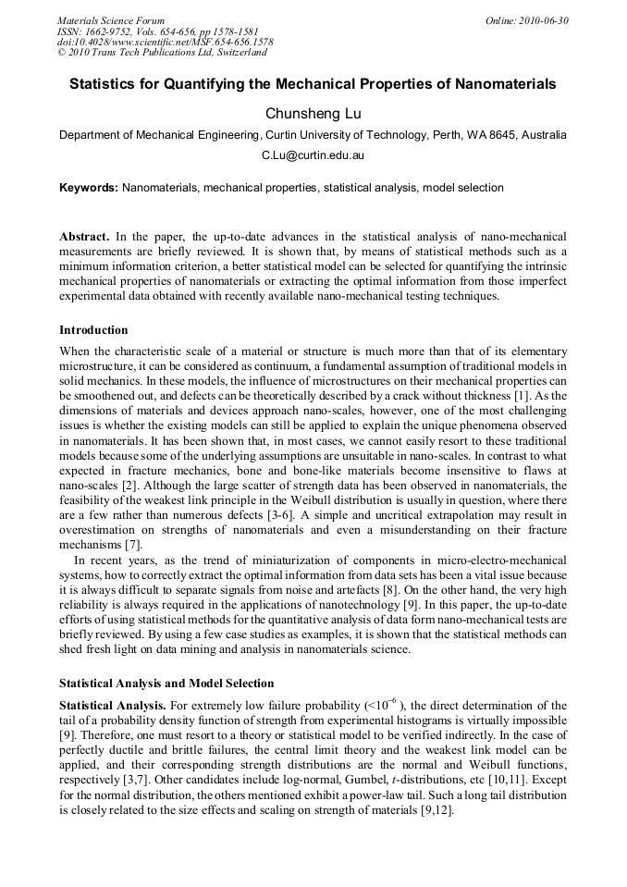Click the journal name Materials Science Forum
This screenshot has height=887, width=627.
coord(111,20)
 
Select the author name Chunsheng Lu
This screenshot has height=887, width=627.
coord(313,113)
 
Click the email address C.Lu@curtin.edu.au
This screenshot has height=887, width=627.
coord(313,156)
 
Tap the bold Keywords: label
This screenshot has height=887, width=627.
coord(88,188)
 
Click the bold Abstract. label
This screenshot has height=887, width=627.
coord(84,237)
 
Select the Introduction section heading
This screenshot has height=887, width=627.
coord(93,330)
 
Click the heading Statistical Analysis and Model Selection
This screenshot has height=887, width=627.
coord(166,684)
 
